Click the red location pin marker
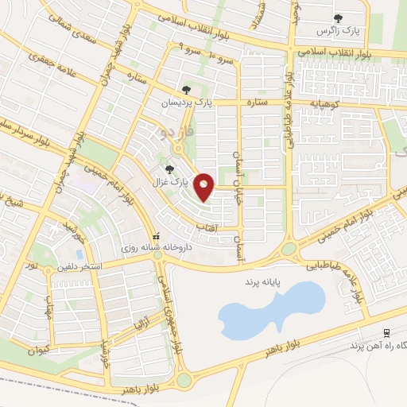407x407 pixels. pos(205,187)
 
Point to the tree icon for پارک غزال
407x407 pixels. pos(168,169)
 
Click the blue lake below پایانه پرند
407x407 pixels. pos(270,311)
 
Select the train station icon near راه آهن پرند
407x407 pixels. pos(386,332)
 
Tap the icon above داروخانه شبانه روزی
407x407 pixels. pos(156,236)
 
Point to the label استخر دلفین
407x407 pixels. pos(76,266)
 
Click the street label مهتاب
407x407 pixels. pos(48,305)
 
